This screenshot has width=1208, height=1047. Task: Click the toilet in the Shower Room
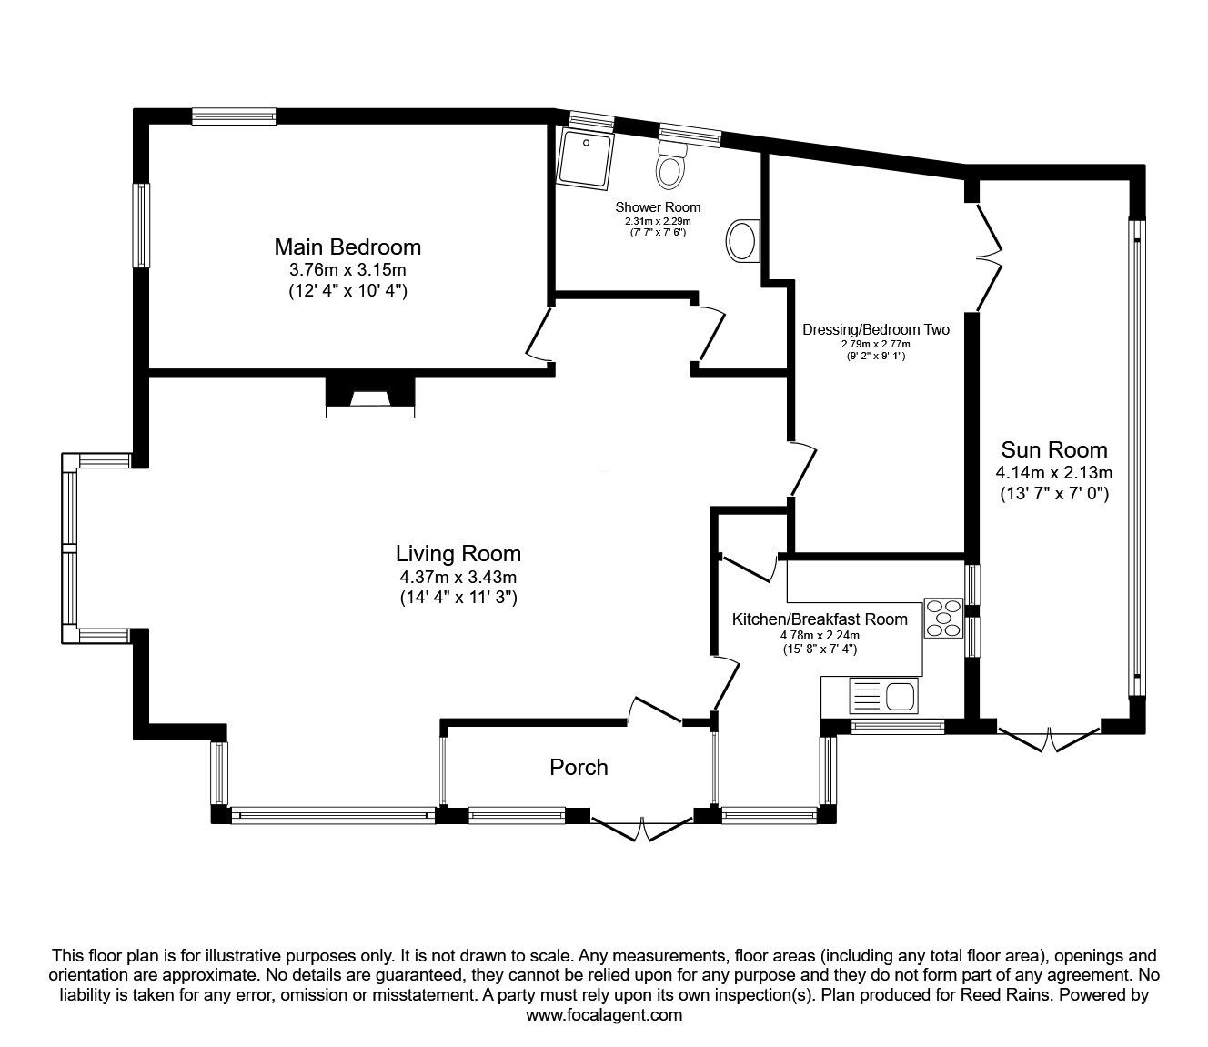point(671,164)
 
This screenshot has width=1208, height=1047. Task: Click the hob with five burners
point(942,618)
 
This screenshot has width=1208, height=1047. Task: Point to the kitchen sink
point(883,696)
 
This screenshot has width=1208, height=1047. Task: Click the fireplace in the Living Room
point(370,397)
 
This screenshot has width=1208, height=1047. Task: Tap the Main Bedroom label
point(347,247)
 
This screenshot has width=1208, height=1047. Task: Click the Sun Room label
point(1054,450)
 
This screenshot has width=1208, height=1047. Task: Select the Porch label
point(579,767)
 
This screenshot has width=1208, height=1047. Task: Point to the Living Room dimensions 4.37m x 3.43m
point(458,578)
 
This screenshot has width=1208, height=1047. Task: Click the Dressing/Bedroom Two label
point(875,329)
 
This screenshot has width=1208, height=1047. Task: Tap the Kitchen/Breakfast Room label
point(820,619)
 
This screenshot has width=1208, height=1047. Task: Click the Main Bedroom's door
point(539,335)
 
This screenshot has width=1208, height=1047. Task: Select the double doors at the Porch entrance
point(641,829)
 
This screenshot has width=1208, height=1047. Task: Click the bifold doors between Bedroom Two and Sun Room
point(988,257)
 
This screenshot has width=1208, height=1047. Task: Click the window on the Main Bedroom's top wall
point(234,116)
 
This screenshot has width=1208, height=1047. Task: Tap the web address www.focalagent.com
point(604,1015)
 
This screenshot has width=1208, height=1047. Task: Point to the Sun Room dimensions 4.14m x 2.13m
point(1054,472)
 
